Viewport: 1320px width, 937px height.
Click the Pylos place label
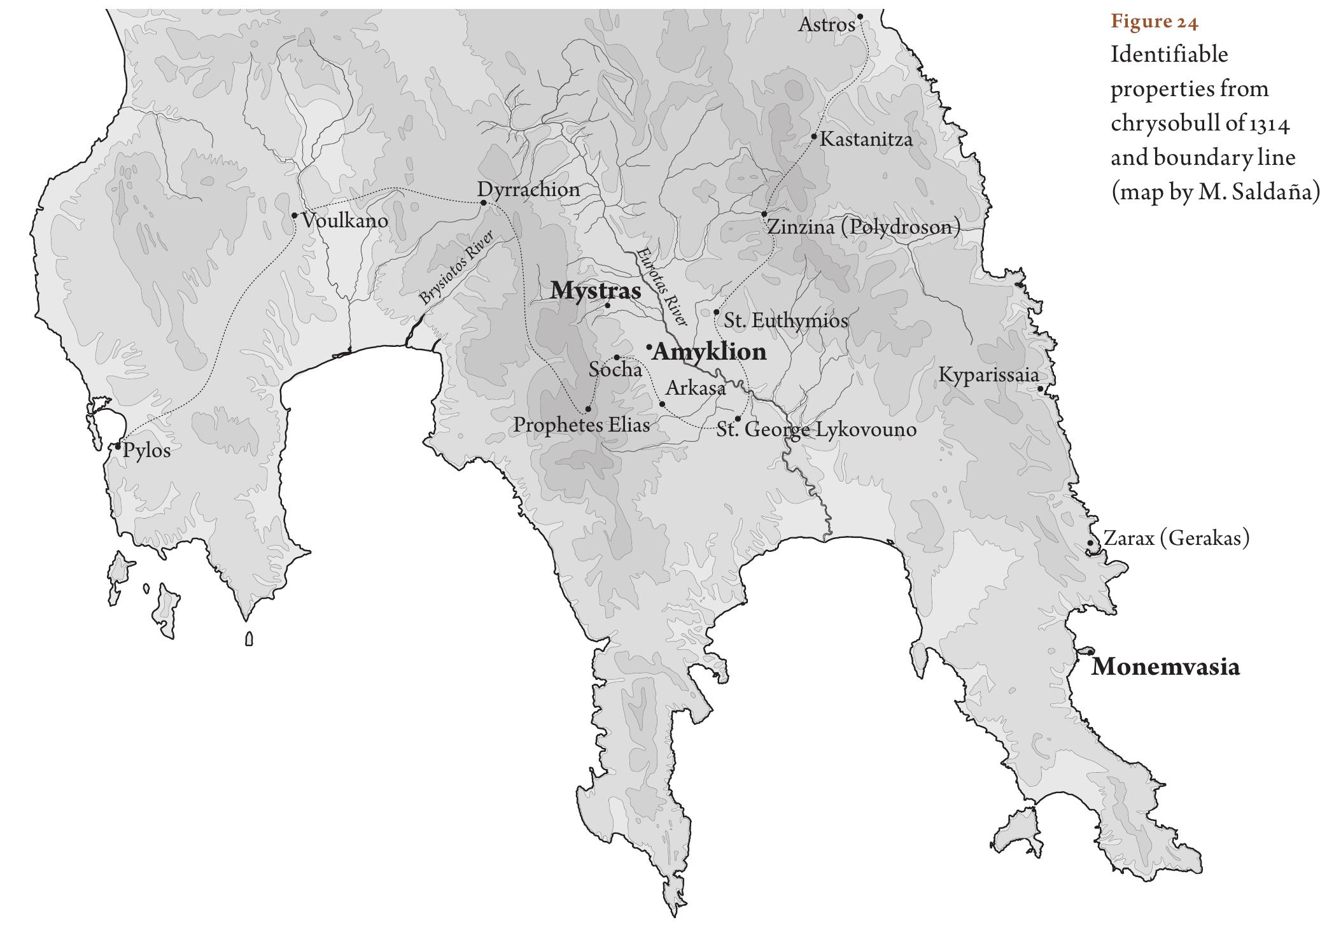click(146, 451)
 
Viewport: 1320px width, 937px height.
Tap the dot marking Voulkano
click(294, 216)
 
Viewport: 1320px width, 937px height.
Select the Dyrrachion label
click(528, 190)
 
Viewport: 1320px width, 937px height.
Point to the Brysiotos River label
click(456, 269)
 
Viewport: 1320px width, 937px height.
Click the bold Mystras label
click(595, 291)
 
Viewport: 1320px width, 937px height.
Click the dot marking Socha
click(616, 358)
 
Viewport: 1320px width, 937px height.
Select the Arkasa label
click(695, 388)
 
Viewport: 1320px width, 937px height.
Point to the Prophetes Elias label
click(581, 425)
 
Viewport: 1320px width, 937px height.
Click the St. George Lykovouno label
click(817, 430)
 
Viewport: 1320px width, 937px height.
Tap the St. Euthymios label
click(786, 320)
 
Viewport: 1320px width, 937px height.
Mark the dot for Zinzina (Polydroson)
click(764, 214)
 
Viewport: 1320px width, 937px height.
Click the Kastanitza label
click(866, 139)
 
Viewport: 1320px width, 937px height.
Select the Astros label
click(826, 25)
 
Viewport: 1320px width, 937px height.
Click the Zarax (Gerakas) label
click(1176, 539)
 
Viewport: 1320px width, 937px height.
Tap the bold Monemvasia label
click(1165, 667)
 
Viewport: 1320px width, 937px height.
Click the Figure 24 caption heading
click(1154, 22)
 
